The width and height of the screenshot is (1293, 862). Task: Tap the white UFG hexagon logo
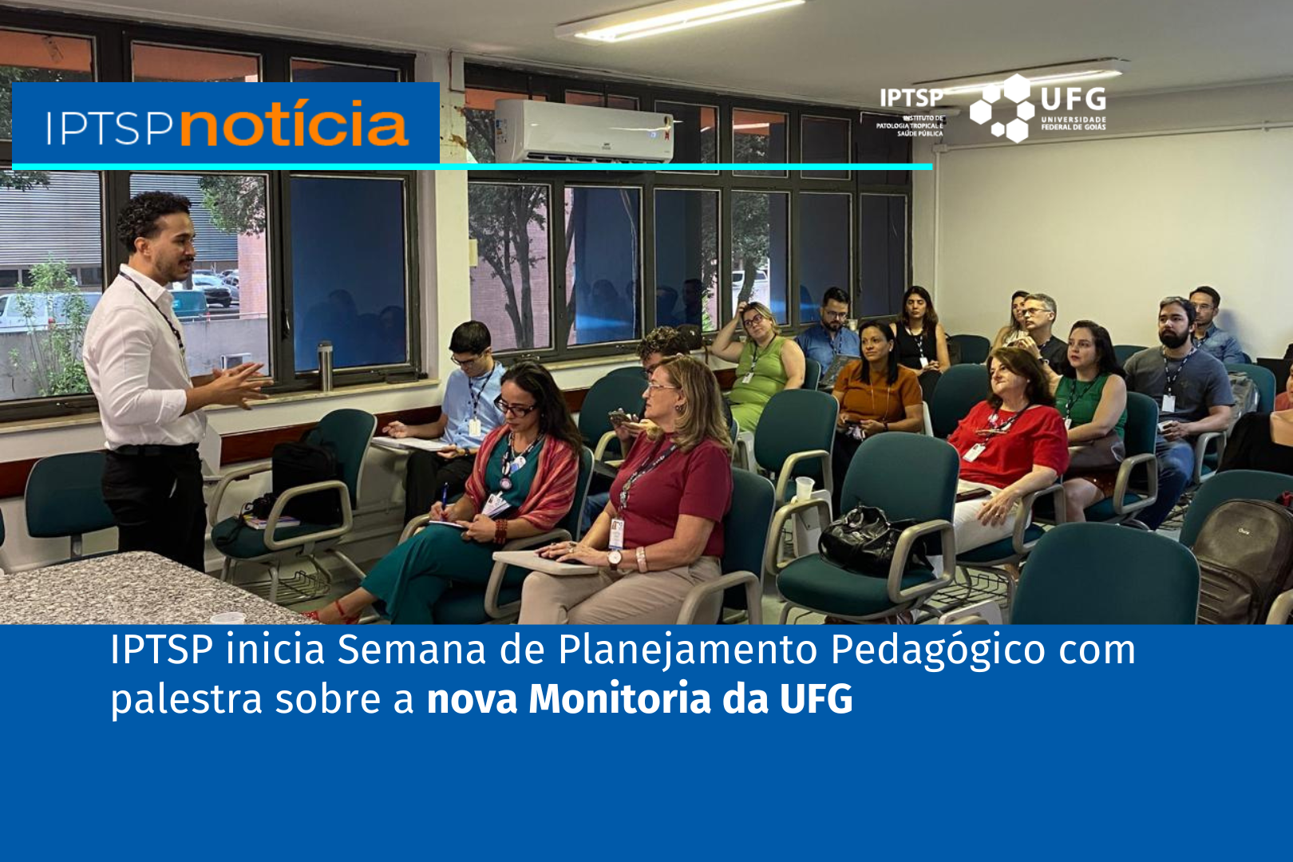point(1002,109)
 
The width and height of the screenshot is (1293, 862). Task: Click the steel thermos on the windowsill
point(325,366)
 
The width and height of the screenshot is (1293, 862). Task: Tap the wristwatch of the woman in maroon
point(615,558)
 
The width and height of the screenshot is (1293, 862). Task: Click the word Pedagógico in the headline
point(938,650)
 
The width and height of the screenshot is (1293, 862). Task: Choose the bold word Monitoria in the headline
point(619,699)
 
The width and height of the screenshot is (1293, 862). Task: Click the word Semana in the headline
point(412,650)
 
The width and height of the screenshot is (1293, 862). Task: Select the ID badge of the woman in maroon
point(616,533)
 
